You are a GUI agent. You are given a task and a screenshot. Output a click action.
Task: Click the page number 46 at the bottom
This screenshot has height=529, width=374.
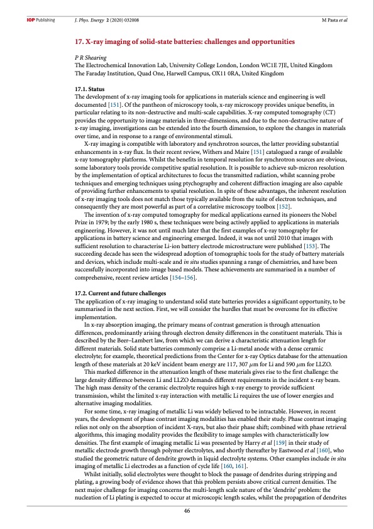tap(187, 510)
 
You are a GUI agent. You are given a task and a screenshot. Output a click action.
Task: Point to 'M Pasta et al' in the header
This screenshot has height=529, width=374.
tap(334, 20)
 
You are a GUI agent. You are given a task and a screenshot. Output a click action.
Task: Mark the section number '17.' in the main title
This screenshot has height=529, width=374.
tap(79, 41)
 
